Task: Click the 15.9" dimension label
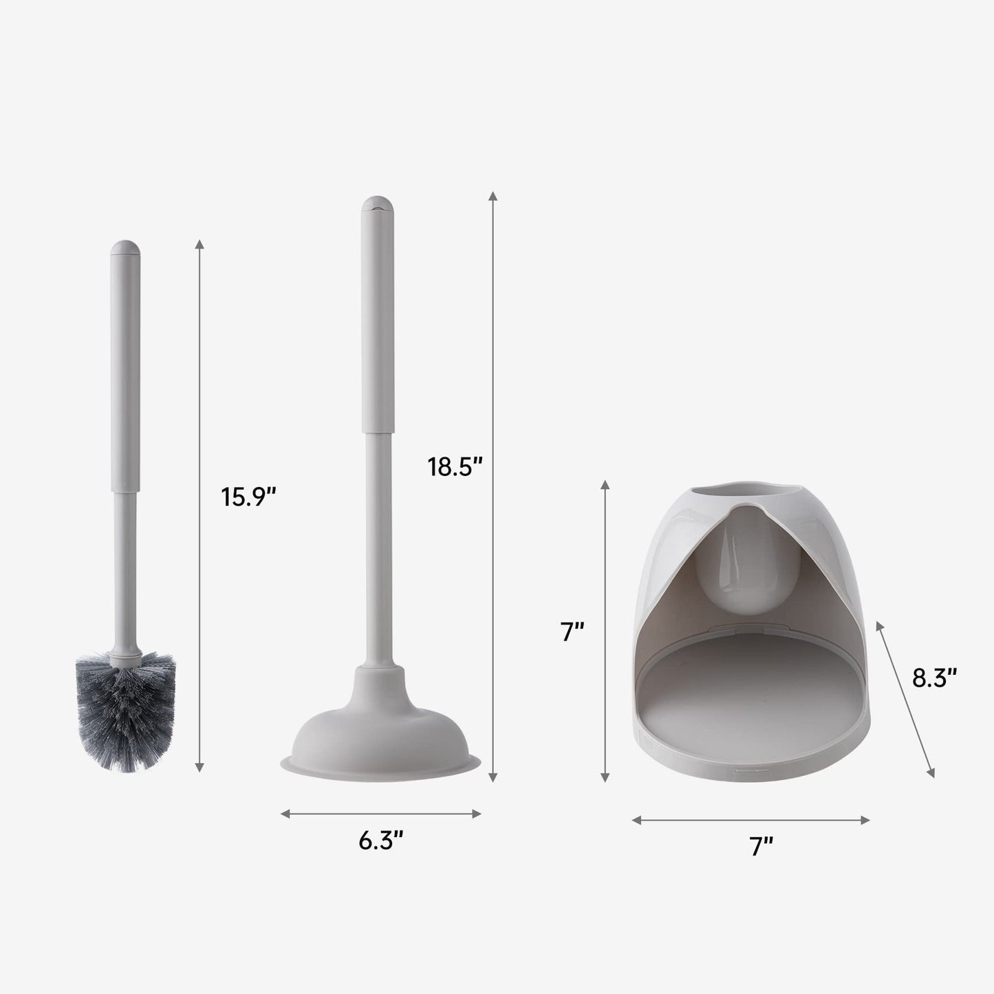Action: (248, 497)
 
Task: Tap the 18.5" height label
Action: (455, 467)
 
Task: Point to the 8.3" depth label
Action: (935, 678)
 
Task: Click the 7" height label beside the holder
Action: (572, 631)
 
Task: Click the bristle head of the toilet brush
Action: (125, 711)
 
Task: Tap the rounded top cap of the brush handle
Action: (125, 249)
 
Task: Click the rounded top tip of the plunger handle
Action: (378, 205)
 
